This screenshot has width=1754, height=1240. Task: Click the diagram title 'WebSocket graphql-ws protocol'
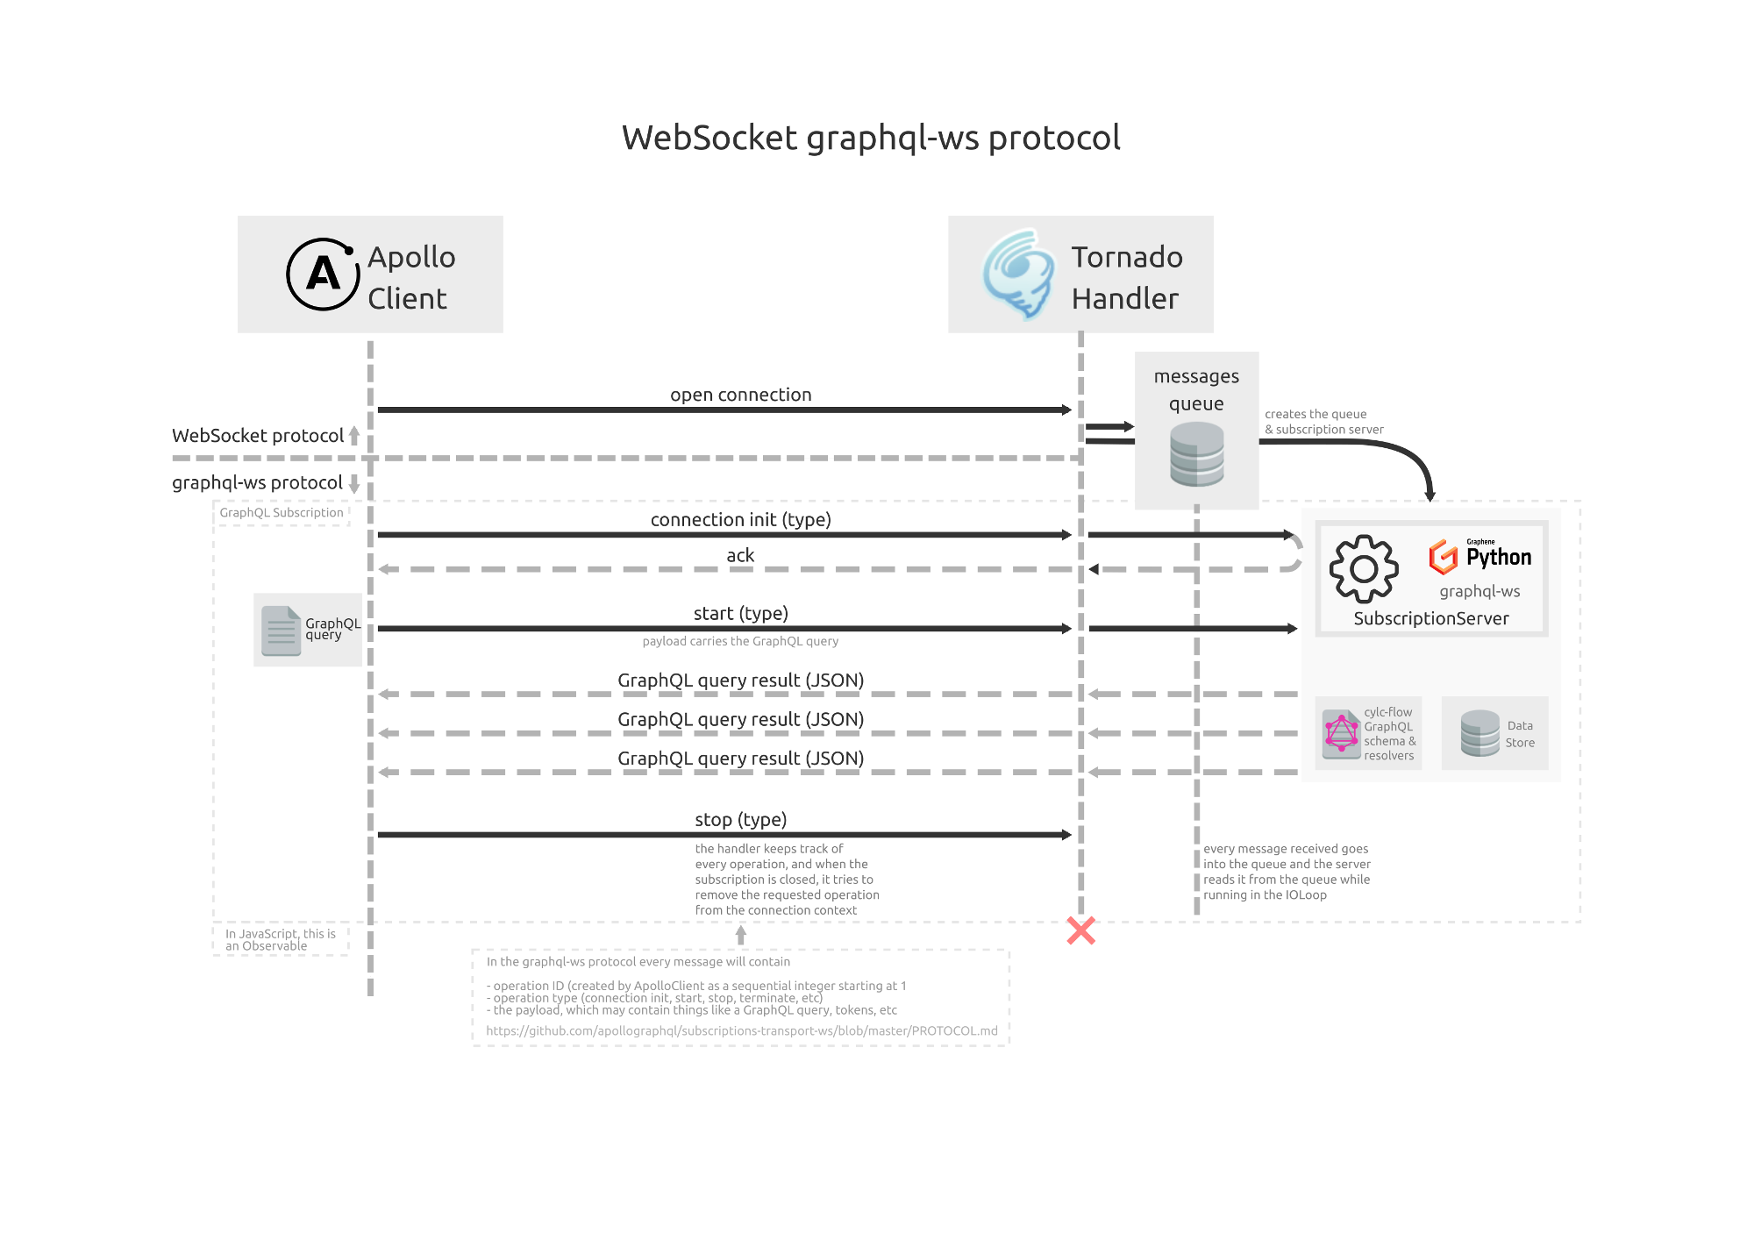click(871, 138)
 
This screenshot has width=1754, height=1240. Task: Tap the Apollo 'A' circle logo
click(323, 274)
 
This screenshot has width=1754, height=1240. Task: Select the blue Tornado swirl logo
click(1018, 274)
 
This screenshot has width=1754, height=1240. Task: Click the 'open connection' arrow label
click(740, 395)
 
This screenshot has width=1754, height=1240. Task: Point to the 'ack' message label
click(740, 555)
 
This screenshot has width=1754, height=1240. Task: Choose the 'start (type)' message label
click(740, 613)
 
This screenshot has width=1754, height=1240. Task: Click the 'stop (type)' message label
click(740, 819)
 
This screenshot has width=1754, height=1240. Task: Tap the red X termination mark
click(1080, 930)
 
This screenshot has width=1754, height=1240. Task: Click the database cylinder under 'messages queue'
click(1196, 453)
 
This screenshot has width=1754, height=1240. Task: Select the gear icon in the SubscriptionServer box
click(1363, 569)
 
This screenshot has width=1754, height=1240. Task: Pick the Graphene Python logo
click(1479, 556)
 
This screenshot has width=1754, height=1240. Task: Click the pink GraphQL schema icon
click(1341, 734)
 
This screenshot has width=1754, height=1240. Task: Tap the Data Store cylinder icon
click(1479, 733)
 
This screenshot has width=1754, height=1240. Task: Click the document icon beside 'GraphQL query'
click(281, 631)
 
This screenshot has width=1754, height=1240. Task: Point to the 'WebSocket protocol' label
click(258, 436)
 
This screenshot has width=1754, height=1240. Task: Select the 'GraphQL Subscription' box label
click(282, 512)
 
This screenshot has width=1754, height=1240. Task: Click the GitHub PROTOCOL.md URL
click(741, 1030)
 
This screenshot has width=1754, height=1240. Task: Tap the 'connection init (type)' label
click(740, 519)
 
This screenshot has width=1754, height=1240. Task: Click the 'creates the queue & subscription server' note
click(1323, 422)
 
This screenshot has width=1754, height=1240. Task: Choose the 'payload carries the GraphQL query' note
click(740, 641)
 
